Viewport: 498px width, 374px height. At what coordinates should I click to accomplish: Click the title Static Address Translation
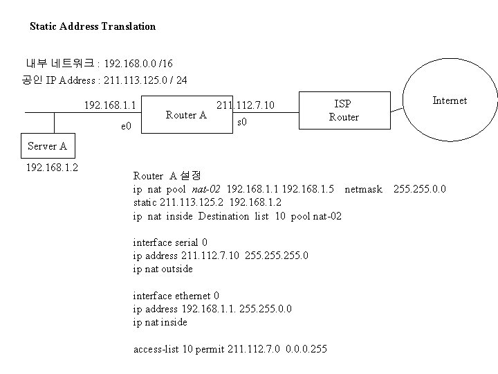[x=93, y=26]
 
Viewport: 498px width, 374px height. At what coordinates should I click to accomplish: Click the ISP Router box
[x=342, y=110]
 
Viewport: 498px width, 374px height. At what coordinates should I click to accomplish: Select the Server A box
[x=47, y=146]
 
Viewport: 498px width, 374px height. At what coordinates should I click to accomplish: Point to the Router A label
[x=187, y=115]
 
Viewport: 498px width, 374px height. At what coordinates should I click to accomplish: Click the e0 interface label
[x=127, y=127]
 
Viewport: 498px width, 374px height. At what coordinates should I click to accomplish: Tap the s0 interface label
[x=243, y=123]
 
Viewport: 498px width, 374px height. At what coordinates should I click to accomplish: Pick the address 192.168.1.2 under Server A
[x=53, y=168]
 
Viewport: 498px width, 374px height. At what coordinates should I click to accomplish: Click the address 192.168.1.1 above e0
[x=109, y=106]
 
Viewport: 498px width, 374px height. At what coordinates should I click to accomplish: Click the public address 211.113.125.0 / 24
[x=145, y=80]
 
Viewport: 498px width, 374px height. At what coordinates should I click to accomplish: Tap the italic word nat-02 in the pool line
[x=207, y=188]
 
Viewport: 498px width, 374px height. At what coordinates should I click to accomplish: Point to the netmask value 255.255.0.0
[x=420, y=188]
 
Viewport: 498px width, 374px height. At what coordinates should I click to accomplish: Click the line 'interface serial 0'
[x=169, y=242]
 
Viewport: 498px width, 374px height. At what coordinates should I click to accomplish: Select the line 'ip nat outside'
[x=163, y=269]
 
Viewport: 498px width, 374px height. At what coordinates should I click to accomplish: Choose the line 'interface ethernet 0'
[x=176, y=295]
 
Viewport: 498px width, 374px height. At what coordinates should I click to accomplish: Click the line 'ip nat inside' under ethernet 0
[x=160, y=322]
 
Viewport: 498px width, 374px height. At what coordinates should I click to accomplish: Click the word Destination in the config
[x=224, y=216]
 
